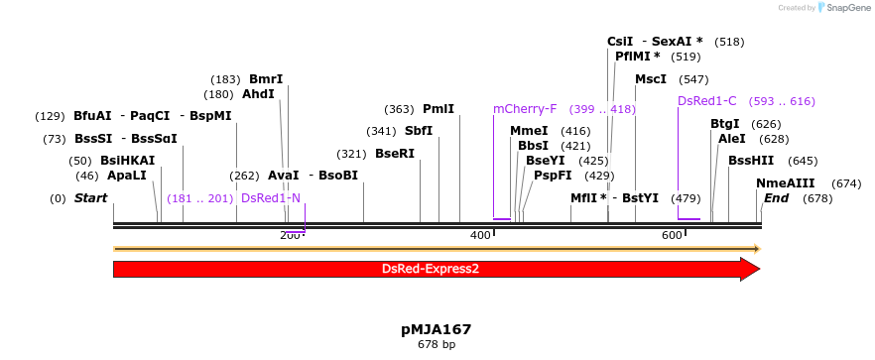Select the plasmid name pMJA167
[x=437, y=329]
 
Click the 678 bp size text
[x=437, y=345]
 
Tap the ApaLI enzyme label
[x=126, y=177]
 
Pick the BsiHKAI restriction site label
[x=127, y=161]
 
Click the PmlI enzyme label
[x=438, y=109]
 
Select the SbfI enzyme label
[x=419, y=131]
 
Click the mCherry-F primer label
[x=525, y=109]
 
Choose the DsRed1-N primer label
[x=270, y=198]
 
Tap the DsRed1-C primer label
[x=707, y=101]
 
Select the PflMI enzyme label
[x=637, y=57]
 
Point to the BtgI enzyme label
[x=725, y=124]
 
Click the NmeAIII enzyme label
[x=786, y=183]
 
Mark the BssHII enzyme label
[x=751, y=161]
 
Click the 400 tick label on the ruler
[x=481, y=235]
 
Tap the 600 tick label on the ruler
[x=672, y=235]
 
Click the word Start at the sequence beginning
[x=90, y=198]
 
